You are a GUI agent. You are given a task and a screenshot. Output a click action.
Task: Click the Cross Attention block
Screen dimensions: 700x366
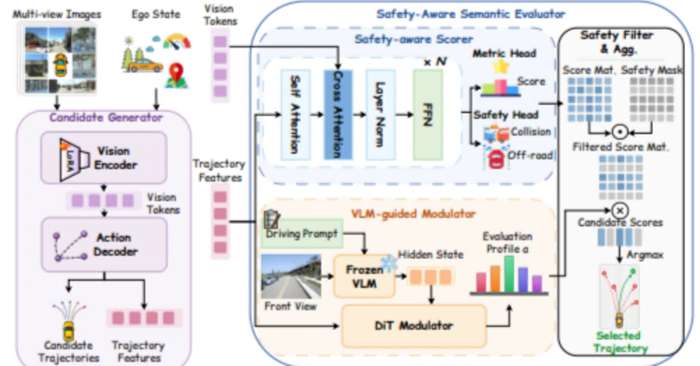338,115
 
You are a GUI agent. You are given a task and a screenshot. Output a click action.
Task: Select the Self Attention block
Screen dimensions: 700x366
296,115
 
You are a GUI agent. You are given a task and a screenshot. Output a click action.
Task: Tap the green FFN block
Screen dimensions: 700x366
428,115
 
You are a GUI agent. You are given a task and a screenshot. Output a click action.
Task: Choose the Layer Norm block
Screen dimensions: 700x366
380,115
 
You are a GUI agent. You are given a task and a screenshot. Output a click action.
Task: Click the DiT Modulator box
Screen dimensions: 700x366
414,326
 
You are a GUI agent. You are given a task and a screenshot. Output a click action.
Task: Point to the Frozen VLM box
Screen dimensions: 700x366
365,277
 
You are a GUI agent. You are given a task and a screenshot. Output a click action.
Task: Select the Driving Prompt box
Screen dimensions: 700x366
302,233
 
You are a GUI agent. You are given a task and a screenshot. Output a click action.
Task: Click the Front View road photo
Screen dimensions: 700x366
291,276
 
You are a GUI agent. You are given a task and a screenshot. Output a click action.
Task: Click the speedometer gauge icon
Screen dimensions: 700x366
177,41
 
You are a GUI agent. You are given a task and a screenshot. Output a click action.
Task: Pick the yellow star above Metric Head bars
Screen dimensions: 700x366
501,67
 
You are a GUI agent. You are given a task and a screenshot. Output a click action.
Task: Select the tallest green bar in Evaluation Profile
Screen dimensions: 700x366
509,274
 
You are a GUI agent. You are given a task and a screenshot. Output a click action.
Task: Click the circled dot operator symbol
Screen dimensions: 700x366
620,132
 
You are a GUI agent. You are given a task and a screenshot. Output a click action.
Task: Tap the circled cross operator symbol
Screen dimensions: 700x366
620,211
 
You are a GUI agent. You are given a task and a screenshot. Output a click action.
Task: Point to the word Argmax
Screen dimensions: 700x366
645,255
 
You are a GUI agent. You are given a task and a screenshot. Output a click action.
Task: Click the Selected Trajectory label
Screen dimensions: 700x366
620,342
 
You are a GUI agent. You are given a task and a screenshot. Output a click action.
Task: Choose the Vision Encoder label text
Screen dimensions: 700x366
115,158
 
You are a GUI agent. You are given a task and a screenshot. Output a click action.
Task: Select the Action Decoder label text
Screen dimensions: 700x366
115,245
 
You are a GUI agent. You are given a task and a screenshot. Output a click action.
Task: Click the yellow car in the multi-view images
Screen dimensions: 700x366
61,65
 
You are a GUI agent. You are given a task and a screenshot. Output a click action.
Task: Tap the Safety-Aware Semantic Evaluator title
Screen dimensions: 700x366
471,14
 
